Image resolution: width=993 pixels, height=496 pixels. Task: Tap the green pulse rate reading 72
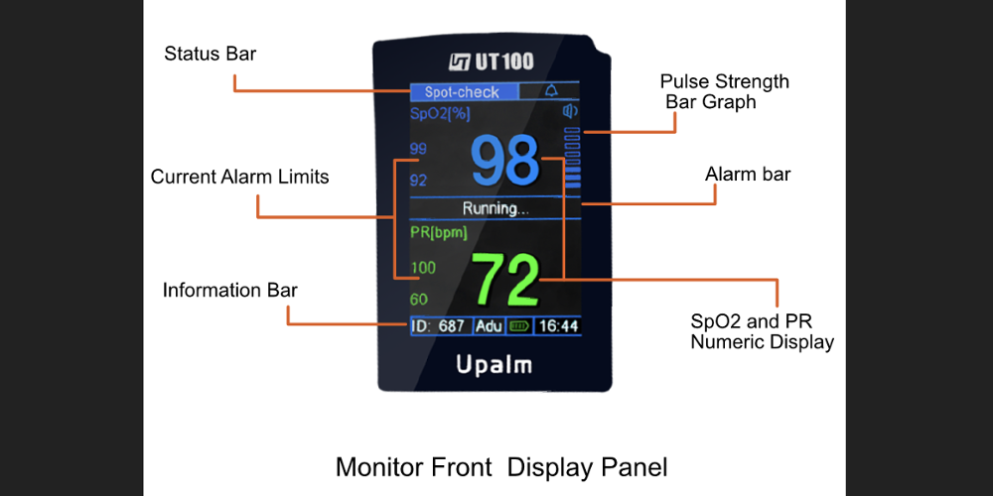coord(505,281)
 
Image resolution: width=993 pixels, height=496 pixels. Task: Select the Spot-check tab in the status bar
coord(463,92)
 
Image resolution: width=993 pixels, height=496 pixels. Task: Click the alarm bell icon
coord(551,91)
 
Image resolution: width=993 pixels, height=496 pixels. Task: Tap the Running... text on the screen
coord(496,208)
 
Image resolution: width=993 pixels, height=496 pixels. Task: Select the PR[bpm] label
coord(438,233)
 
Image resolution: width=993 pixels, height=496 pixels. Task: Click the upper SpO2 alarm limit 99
coord(418,150)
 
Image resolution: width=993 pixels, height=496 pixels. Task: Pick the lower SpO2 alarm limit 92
coord(418,181)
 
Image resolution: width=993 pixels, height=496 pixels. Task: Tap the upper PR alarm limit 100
coord(422,268)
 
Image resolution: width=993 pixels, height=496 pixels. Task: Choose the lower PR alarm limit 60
coord(418,300)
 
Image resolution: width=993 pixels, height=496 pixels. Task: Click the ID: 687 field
coord(438,326)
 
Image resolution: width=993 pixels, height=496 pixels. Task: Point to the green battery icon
coord(518,325)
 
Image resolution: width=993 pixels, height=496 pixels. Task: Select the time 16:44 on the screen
coord(557,326)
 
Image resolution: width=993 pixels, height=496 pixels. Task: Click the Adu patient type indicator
coord(489,326)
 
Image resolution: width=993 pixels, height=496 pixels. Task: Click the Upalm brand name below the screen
coord(494,364)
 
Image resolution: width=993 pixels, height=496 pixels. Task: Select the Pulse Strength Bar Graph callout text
coord(724,91)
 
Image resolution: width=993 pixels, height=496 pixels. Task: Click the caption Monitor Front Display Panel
coord(500,466)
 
